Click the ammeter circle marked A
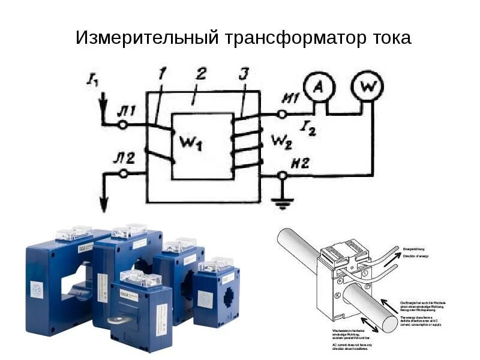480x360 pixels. (320, 88)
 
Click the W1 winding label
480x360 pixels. (191, 143)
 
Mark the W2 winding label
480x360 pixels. (281, 142)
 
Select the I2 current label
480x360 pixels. (308, 127)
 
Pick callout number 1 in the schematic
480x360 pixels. (161, 75)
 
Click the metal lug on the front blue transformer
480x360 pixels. (117, 321)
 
